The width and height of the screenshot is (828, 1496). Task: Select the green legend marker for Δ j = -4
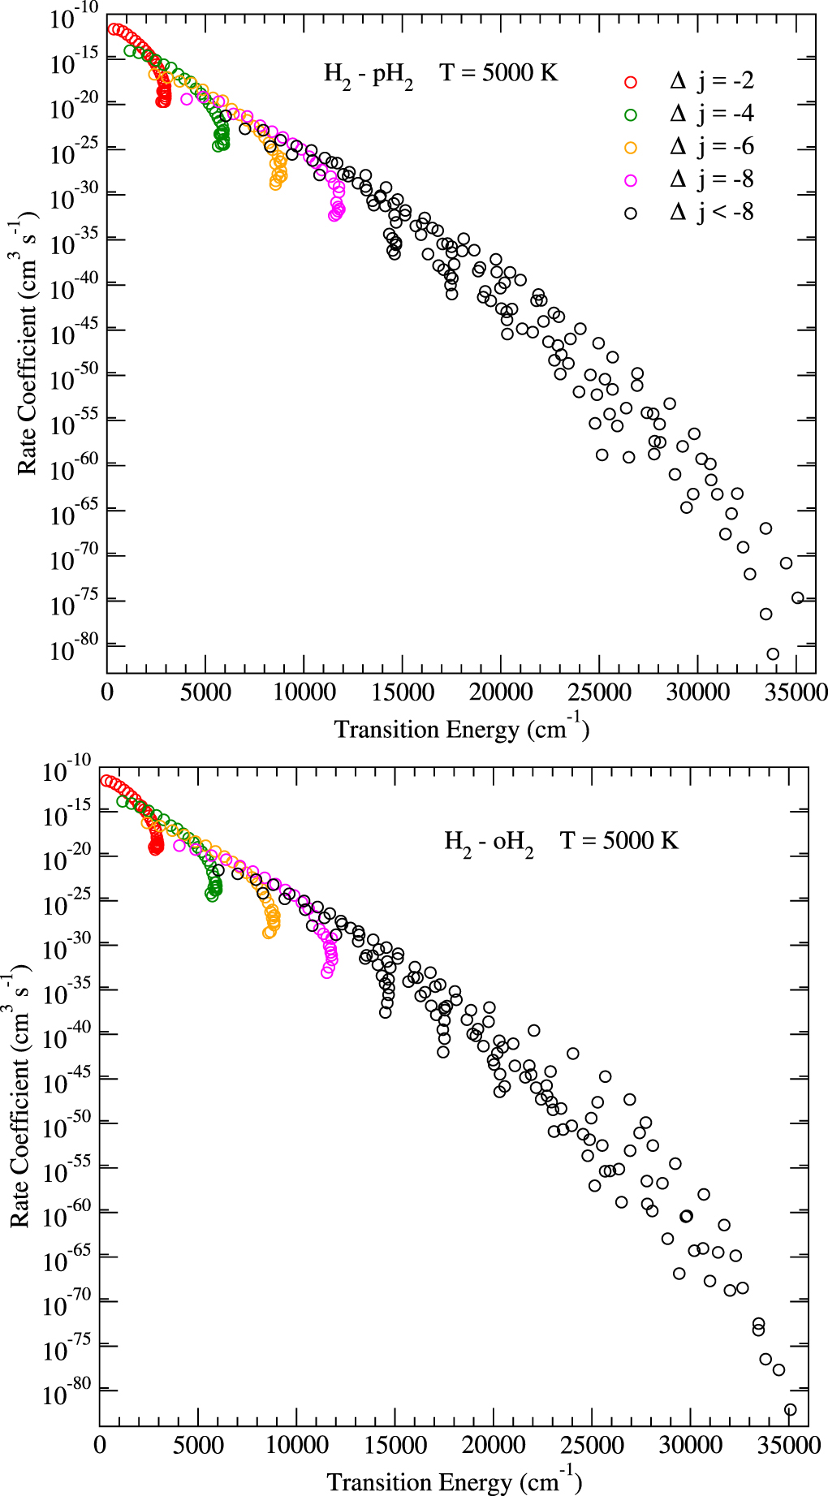[x=631, y=114]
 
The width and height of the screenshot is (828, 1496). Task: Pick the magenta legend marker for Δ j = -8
[x=631, y=180]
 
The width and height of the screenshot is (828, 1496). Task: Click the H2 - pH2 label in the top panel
[x=369, y=75]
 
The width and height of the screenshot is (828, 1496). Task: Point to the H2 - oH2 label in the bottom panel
[x=489, y=842]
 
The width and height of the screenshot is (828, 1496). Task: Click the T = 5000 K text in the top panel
[x=499, y=73]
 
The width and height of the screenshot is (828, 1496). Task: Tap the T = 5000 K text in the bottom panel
[x=619, y=840]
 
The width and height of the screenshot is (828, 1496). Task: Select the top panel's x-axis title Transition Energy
[x=461, y=729]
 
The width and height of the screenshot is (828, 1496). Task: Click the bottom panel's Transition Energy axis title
[x=454, y=1482]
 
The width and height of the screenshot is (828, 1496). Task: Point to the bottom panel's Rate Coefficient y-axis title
[x=19, y=1096]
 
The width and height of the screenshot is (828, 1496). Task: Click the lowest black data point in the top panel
[x=773, y=654]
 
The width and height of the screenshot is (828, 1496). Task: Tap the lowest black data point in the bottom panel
[x=790, y=1410]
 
